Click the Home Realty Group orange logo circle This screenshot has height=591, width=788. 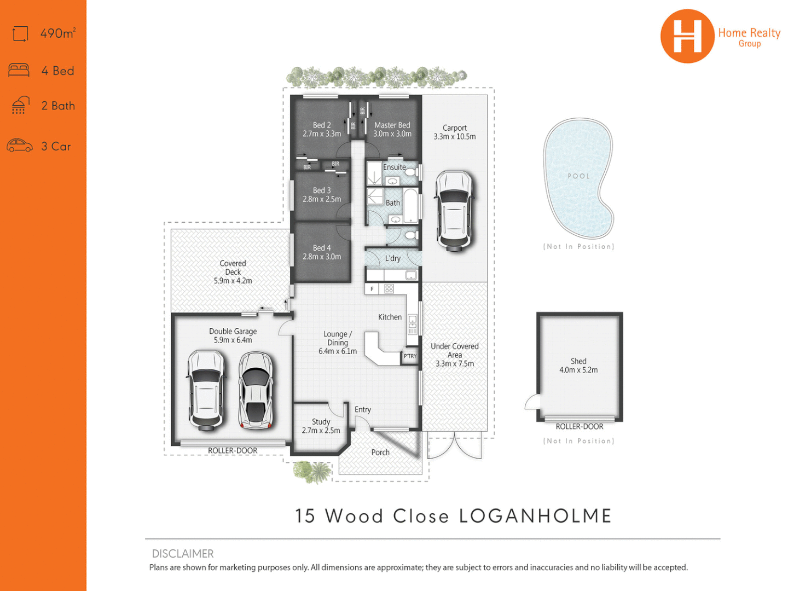687,36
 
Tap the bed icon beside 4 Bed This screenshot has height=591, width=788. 19,71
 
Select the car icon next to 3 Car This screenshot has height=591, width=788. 20,146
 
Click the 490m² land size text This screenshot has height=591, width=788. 58,33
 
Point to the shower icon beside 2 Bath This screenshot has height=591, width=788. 20,105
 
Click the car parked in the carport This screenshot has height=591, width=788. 454,211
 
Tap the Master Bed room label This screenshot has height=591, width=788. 392,125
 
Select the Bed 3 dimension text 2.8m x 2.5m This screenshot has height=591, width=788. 322,199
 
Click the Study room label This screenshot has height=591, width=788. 321,422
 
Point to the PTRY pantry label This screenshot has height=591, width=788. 410,356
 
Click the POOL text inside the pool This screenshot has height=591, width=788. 578,176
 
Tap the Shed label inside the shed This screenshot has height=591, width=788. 578,361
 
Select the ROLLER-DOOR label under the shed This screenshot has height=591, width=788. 580,427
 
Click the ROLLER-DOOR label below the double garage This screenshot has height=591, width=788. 233,451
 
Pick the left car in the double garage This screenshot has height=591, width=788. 206,389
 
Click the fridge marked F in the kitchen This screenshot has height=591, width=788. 372,289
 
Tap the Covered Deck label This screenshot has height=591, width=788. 233,268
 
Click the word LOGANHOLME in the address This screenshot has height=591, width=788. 535,516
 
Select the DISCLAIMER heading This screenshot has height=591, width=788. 183,554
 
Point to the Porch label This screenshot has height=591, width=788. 380,453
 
